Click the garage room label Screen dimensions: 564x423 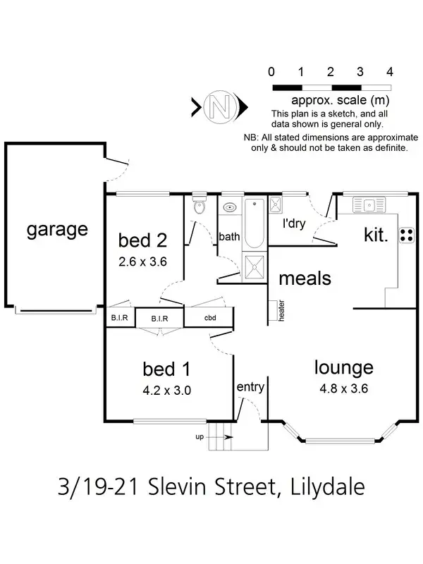57,229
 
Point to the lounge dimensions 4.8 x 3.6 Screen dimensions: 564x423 343,387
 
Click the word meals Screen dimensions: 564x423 305,278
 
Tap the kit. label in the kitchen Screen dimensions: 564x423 376,235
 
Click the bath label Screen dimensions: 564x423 229,237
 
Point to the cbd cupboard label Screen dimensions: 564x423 209,318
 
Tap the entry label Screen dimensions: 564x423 250,387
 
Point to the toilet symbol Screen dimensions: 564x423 200,206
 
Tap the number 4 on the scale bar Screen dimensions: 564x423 390,72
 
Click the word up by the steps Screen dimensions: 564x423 200,437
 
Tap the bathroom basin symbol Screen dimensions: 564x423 230,207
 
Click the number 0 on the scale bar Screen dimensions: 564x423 271,72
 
